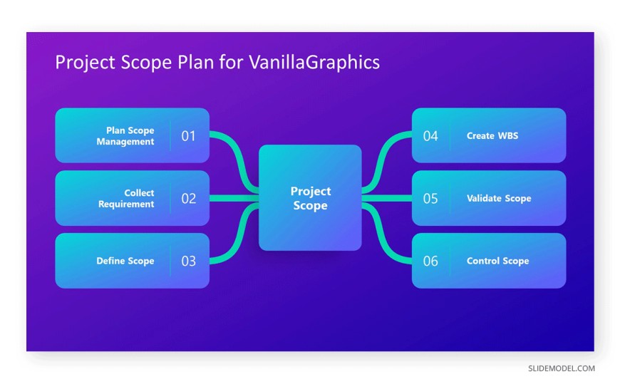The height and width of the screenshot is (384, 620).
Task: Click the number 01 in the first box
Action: tap(188, 136)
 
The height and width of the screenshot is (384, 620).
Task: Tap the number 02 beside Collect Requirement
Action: tap(189, 199)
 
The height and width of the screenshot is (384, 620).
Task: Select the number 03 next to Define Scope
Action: tap(189, 261)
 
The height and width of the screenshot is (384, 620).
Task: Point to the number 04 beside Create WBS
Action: tap(430, 136)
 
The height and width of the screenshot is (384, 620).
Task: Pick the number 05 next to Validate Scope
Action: tap(430, 199)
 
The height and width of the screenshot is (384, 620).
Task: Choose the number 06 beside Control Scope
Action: tap(430, 261)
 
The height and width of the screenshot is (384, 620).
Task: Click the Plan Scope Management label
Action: tap(125, 136)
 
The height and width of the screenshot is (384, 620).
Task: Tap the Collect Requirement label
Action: tap(126, 199)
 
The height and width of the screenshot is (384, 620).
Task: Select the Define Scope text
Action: tap(125, 261)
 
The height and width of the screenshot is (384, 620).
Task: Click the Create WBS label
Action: tap(492, 135)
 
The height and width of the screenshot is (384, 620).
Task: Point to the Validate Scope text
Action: tap(499, 199)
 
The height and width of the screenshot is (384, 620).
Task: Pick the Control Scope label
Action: tap(498, 261)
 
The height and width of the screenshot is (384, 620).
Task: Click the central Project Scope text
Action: tap(311, 198)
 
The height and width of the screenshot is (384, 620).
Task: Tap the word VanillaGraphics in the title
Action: tap(314, 63)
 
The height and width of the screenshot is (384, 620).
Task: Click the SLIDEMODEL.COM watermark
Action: tap(562, 368)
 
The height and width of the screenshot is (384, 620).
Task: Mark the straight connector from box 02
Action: tap(234, 199)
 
